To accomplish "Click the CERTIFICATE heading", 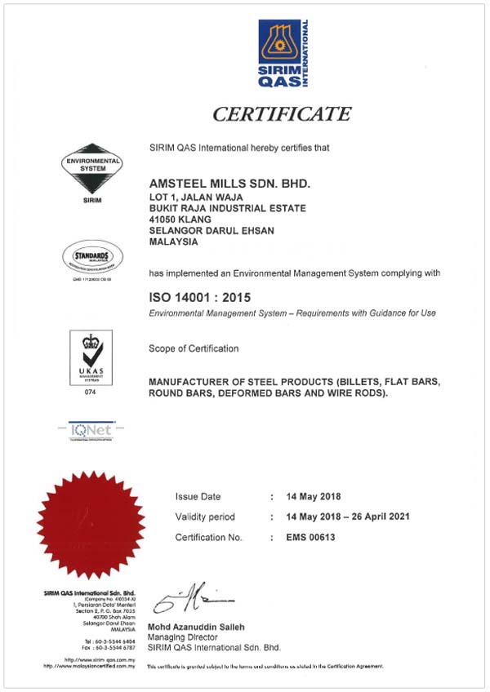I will pos(282,113).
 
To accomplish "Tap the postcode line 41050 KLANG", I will pos(181,220).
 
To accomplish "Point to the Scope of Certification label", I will pos(194,348).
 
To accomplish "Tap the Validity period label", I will pos(205,517).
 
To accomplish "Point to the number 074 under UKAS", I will pos(91,393).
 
